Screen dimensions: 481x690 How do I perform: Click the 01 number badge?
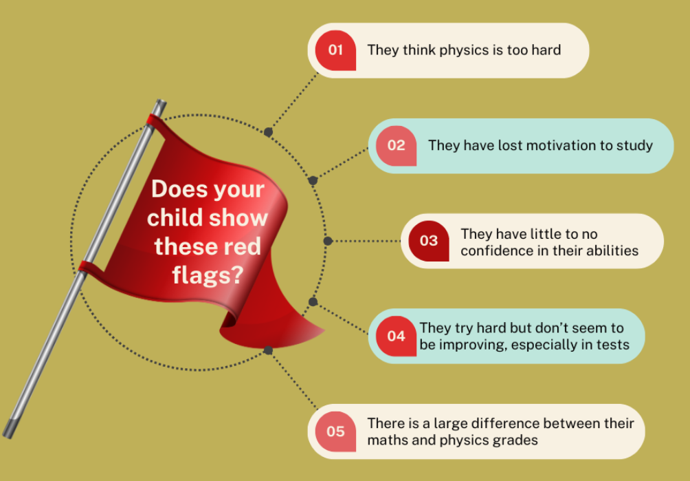(335, 50)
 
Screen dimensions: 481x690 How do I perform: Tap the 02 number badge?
(396, 145)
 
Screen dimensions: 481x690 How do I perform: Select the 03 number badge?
(428, 241)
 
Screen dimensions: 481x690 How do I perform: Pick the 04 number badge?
(396, 336)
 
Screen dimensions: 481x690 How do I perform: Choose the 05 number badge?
(335, 431)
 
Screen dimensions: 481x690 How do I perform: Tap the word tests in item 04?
(611, 344)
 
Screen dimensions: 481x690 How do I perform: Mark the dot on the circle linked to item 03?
(328, 241)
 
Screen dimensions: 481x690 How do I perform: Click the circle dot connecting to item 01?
(269, 131)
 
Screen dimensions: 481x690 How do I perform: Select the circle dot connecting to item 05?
(269, 350)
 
